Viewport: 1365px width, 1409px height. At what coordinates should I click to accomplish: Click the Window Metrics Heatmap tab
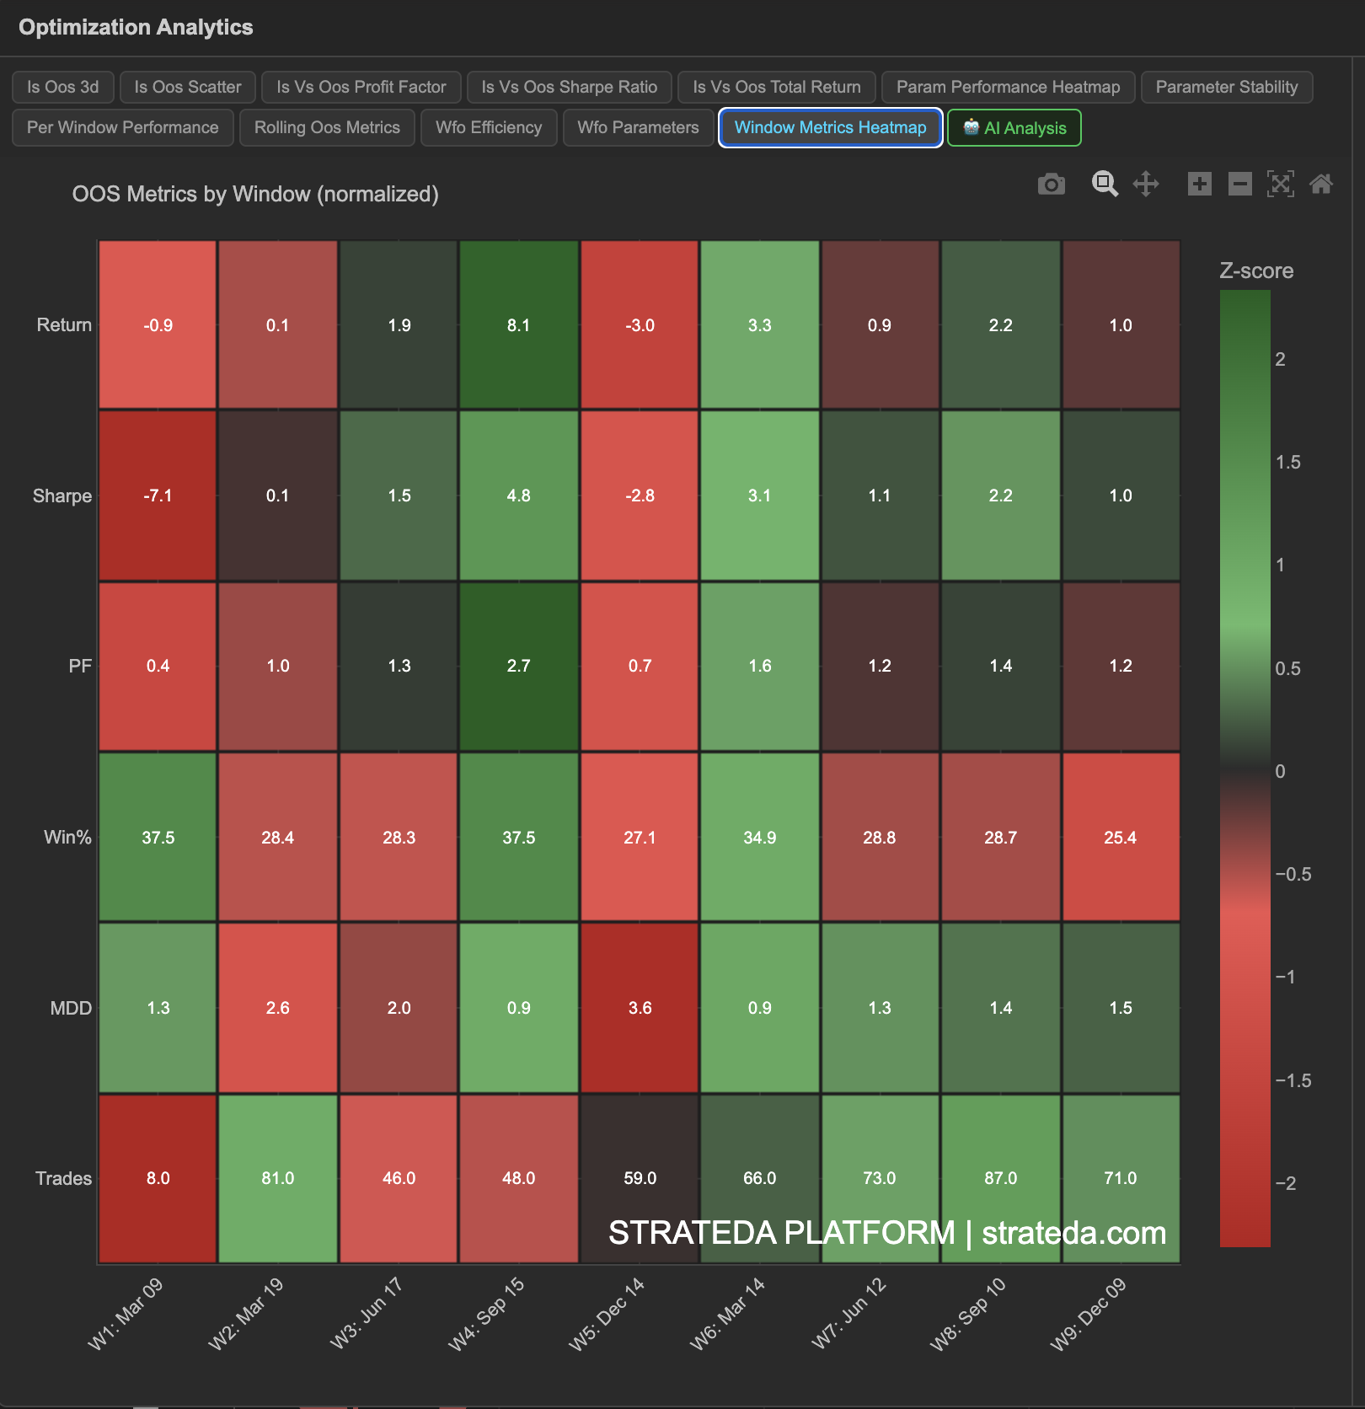830,127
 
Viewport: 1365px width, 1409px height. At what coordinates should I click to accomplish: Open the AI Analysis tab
1014,128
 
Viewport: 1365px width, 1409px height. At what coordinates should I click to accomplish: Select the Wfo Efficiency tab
489,127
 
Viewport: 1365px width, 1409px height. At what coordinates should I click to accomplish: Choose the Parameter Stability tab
1226,87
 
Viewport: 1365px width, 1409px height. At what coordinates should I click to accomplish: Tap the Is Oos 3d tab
62,87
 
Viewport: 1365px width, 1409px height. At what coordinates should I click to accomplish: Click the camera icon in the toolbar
1052,184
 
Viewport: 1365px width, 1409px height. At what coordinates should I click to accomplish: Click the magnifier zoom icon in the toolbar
1105,184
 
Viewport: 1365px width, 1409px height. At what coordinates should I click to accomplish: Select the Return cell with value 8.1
518,325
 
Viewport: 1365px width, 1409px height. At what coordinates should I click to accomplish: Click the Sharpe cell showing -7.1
158,496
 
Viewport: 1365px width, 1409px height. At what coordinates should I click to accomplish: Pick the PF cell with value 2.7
518,666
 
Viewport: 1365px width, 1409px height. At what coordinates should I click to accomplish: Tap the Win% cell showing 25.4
1120,838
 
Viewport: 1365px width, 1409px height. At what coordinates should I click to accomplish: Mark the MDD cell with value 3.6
640,1008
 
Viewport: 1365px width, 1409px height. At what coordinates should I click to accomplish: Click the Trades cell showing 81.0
277,1178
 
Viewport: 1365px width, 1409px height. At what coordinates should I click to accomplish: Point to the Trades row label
63,1178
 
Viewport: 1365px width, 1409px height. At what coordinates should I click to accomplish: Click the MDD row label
71,1008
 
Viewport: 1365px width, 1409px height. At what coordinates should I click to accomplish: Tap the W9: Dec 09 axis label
1089,1313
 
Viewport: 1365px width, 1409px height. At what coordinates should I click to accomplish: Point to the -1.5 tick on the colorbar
1293,1080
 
